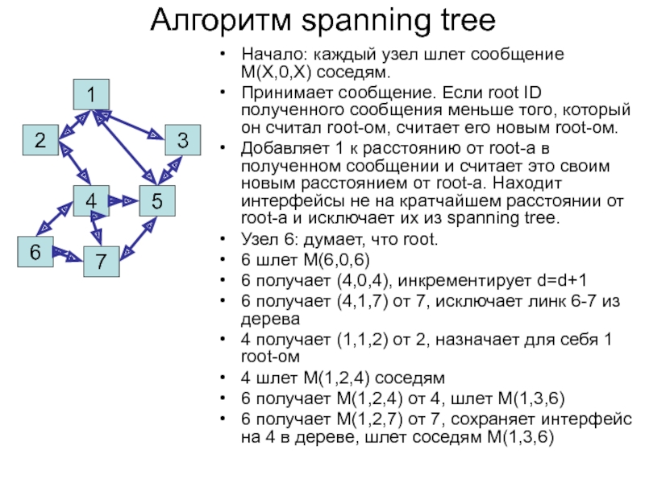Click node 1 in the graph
click(92, 95)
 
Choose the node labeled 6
click(35, 252)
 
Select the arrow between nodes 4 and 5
click(124, 200)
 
